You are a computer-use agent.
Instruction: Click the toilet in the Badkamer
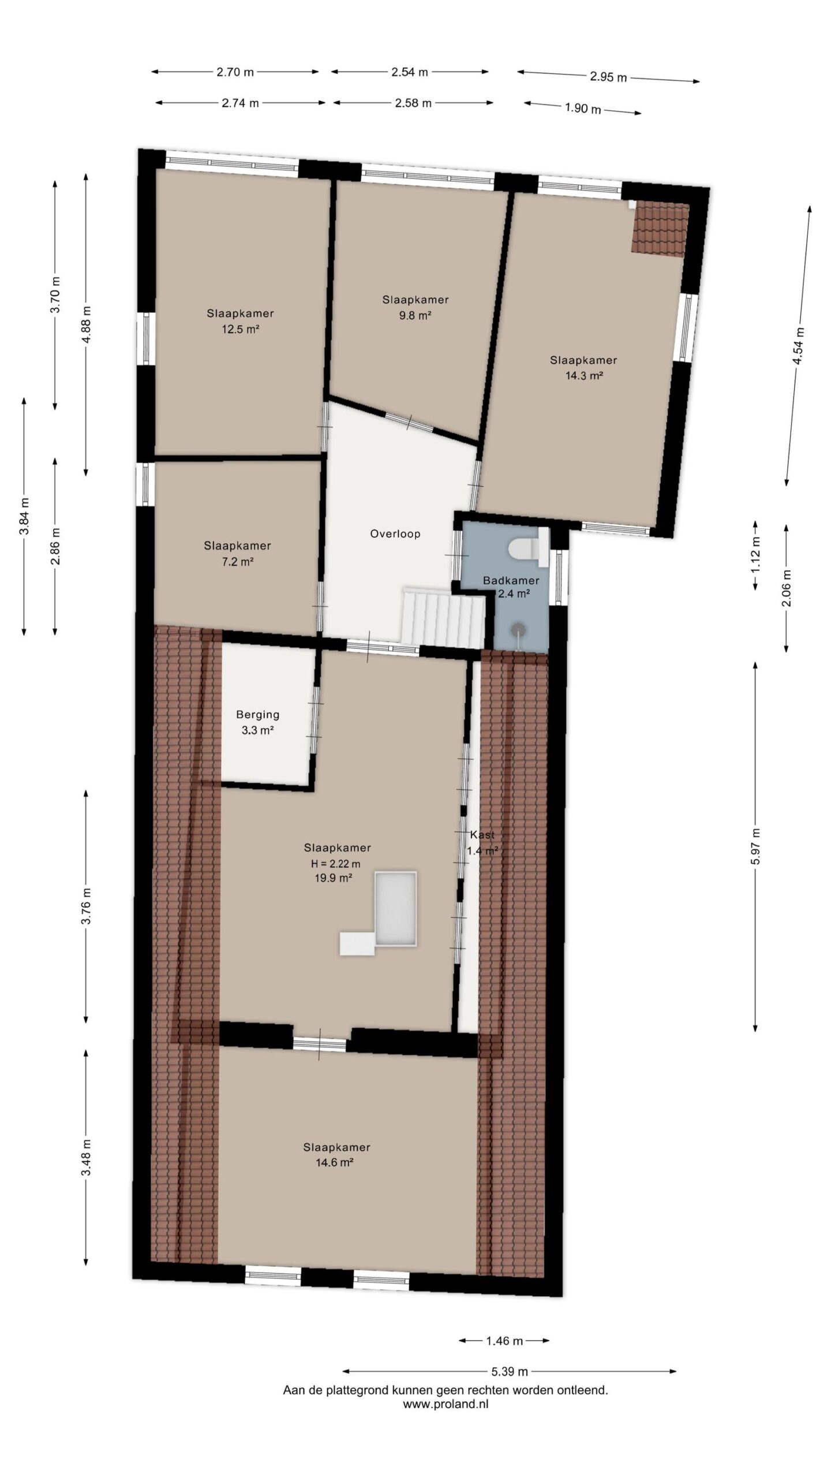click(x=529, y=547)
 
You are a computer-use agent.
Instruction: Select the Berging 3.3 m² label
click(x=257, y=722)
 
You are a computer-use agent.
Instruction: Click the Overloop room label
click(x=395, y=534)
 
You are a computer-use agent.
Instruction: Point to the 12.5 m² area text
click(x=240, y=330)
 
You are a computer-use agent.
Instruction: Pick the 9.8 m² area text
click(x=415, y=315)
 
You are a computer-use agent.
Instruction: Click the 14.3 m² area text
click(x=584, y=375)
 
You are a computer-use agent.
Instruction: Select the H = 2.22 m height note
click(x=336, y=864)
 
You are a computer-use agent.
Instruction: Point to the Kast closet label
click(x=482, y=835)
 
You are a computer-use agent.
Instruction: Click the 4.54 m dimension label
click(x=799, y=345)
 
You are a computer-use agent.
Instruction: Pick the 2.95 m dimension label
click(x=608, y=77)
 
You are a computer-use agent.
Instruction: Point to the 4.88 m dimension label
click(x=87, y=324)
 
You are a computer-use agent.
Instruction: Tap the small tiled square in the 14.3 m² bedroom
click(x=660, y=229)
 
